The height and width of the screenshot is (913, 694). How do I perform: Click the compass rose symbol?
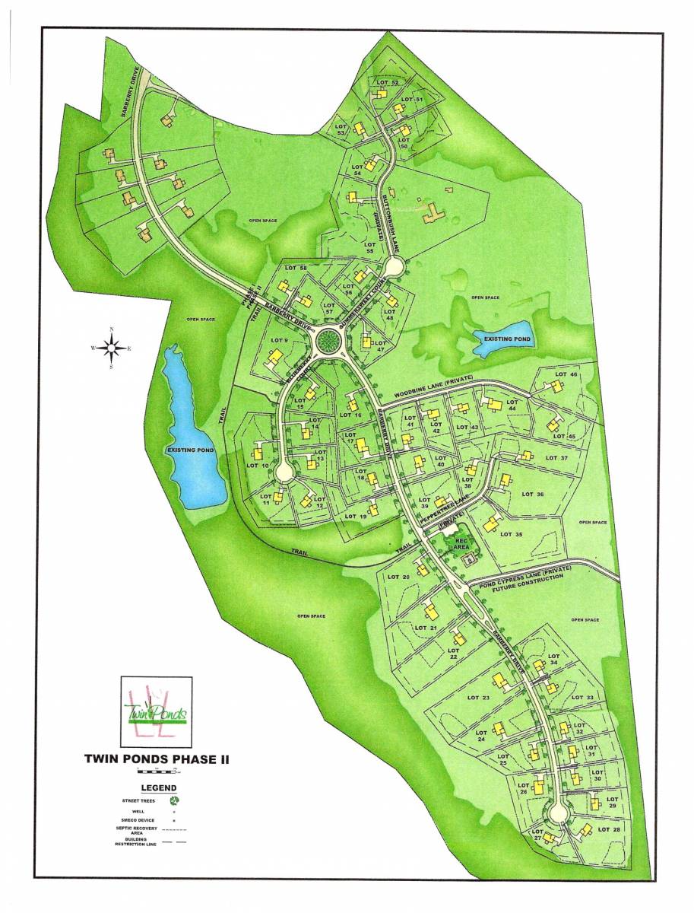tap(112, 348)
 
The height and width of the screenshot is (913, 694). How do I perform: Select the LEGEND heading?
tap(154, 787)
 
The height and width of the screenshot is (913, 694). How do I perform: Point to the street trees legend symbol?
tap(174, 800)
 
